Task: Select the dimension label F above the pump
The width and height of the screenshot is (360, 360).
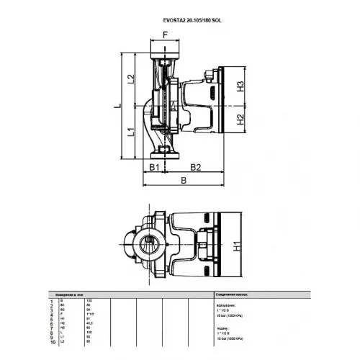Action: coord(165,34)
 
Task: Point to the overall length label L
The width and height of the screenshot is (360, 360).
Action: coord(115,106)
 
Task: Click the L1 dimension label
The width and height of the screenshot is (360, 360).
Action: coord(131,132)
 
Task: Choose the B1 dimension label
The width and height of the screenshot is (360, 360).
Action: coord(154,167)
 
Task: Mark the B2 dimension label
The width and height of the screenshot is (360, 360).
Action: coord(195,167)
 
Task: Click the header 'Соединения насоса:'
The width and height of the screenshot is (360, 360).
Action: coord(231,294)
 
